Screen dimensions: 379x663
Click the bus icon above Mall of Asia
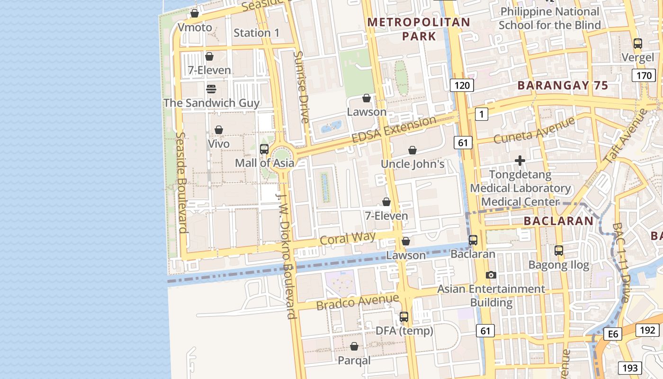264,149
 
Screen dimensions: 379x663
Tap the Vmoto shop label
195,27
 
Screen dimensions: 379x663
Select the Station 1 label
257,33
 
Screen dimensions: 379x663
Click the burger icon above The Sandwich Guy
211,89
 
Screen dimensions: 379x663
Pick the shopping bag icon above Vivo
219,130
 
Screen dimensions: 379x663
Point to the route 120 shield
461,85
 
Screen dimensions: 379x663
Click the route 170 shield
644,75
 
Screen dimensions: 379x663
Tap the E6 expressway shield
613,334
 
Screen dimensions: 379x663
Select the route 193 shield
630,368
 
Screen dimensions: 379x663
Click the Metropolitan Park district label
419,29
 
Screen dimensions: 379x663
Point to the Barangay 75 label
562,86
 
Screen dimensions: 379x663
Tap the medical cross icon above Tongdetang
520,161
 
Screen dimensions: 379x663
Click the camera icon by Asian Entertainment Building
491,275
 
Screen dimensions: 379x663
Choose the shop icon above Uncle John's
412,150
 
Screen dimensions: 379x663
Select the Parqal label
354,361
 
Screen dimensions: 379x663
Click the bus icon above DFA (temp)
404,316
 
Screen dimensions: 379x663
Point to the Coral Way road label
348,238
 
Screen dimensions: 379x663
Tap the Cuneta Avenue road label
534,130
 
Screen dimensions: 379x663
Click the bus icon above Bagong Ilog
559,250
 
